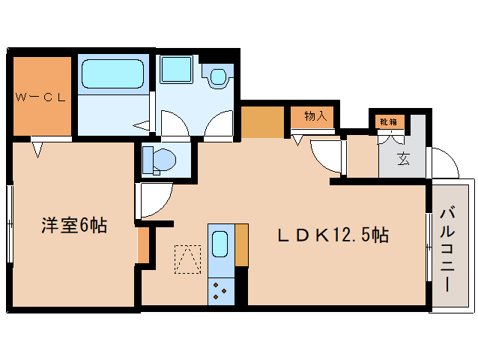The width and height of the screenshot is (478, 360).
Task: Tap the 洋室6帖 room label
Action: tap(73, 224)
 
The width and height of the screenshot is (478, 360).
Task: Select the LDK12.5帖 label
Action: tap(333, 235)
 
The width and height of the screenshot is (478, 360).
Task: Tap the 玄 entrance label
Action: tap(403, 158)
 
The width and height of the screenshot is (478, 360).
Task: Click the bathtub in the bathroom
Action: tap(112, 75)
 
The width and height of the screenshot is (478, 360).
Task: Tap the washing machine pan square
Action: tap(177, 70)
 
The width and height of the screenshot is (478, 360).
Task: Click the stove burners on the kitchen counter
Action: tap(220, 288)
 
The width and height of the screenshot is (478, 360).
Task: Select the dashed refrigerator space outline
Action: tap(187, 259)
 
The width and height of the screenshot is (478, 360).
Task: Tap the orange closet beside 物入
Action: tap(262, 121)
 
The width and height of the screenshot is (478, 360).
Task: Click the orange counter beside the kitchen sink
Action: tap(241, 244)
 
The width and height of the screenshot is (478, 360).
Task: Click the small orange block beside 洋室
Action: tap(142, 244)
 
